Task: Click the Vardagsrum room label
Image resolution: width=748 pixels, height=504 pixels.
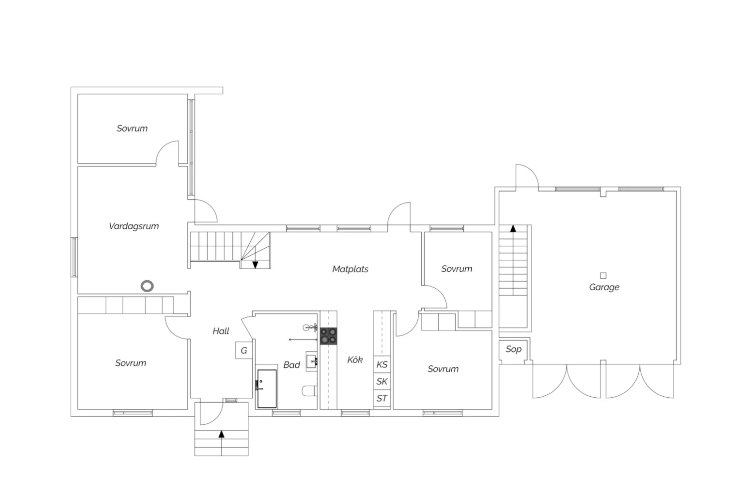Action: pyautogui.click(x=134, y=226)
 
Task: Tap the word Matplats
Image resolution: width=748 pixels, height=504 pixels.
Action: pyautogui.click(x=350, y=269)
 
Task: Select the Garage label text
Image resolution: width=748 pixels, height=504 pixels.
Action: pyautogui.click(x=604, y=287)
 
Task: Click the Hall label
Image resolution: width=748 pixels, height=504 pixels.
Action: pyautogui.click(x=221, y=331)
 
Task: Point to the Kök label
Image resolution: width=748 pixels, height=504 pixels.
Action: pyautogui.click(x=355, y=359)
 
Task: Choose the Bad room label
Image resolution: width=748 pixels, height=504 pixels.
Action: pyautogui.click(x=292, y=365)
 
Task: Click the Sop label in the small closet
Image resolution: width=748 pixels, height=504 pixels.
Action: pyautogui.click(x=513, y=349)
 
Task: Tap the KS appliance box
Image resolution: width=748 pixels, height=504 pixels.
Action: pyautogui.click(x=382, y=364)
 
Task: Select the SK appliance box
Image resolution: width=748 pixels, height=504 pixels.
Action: pyautogui.click(x=382, y=381)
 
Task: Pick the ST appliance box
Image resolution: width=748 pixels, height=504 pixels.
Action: pyautogui.click(x=382, y=398)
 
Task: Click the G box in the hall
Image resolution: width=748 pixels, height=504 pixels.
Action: pyautogui.click(x=244, y=350)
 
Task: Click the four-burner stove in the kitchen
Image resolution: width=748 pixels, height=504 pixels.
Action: pyautogui.click(x=328, y=336)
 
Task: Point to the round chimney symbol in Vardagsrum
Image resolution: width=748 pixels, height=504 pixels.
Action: pyautogui.click(x=147, y=286)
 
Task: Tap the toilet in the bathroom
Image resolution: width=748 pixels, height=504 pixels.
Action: pyautogui.click(x=309, y=391)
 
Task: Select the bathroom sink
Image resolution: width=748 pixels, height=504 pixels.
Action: pyautogui.click(x=312, y=361)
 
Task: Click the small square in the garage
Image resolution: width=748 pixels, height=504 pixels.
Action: pyautogui.click(x=603, y=275)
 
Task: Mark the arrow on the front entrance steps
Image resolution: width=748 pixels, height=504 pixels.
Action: pyautogui.click(x=221, y=434)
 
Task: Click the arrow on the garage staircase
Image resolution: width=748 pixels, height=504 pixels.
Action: pyautogui.click(x=513, y=228)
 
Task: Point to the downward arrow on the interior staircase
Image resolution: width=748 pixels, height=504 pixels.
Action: pyautogui.click(x=255, y=265)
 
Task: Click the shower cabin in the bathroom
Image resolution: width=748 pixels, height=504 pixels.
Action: pyautogui.click(x=267, y=388)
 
